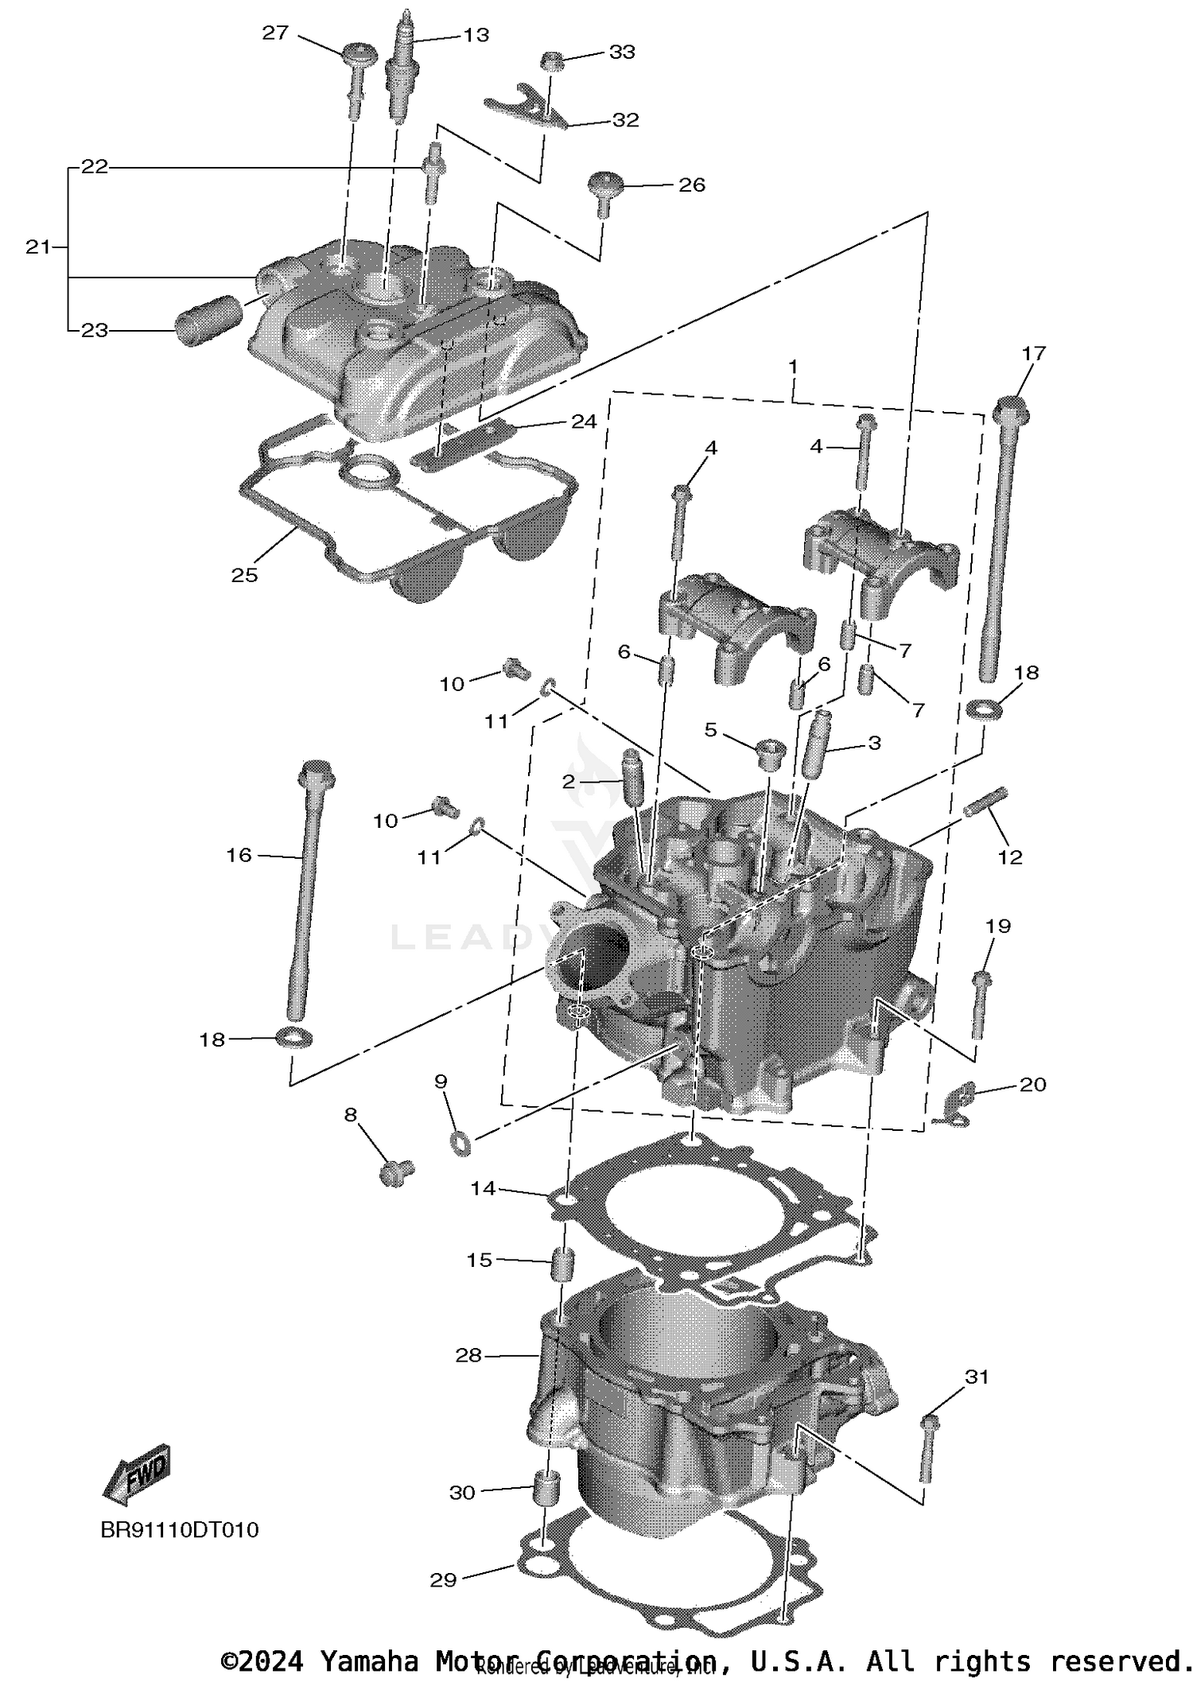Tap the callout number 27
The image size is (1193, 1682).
click(x=275, y=33)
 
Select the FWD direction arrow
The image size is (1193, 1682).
click(x=138, y=1474)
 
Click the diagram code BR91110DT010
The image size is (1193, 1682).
click(x=180, y=1529)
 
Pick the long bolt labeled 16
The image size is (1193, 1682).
click(x=306, y=891)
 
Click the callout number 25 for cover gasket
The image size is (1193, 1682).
click(x=244, y=575)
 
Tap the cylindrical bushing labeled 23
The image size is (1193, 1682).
click(x=207, y=320)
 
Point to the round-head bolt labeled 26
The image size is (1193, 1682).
click(x=602, y=191)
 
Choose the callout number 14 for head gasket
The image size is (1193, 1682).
click(x=483, y=1188)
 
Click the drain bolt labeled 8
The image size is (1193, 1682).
click(x=396, y=1173)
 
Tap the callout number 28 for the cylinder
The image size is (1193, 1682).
click(x=468, y=1355)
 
